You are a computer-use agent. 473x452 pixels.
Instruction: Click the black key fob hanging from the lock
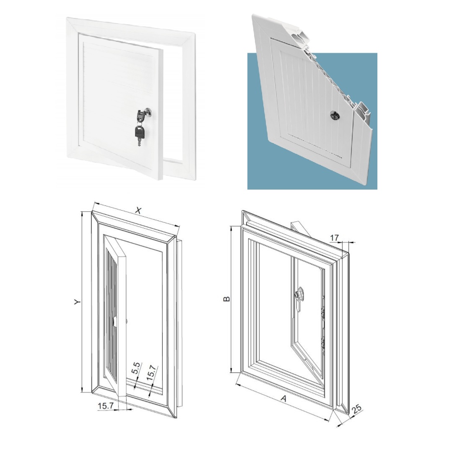point(140,132)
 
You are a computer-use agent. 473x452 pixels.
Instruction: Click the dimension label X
point(138,211)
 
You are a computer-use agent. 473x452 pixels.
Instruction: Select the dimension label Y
point(78,301)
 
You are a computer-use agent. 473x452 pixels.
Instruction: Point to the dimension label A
point(283,399)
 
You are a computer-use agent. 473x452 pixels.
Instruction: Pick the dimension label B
point(226,299)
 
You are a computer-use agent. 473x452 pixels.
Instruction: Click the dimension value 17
point(334,238)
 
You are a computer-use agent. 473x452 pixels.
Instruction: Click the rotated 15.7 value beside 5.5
point(151,372)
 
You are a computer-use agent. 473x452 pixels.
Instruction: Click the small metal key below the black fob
point(139,142)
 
